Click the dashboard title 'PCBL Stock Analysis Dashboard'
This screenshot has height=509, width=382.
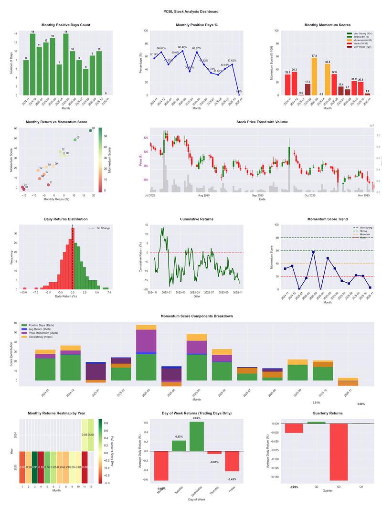pos(191,11)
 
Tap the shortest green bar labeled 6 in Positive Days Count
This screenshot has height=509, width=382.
pos(86,82)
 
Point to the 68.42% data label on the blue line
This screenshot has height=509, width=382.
pos(182,47)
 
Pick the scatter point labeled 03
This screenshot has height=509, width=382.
pos(90,131)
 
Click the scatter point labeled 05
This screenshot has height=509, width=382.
pos(75,140)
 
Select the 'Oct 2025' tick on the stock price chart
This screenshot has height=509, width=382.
pos(310,195)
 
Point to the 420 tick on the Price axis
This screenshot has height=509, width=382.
pos(146,138)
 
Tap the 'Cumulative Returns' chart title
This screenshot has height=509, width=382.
pos(196,219)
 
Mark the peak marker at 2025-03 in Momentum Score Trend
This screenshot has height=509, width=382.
pos(314,252)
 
